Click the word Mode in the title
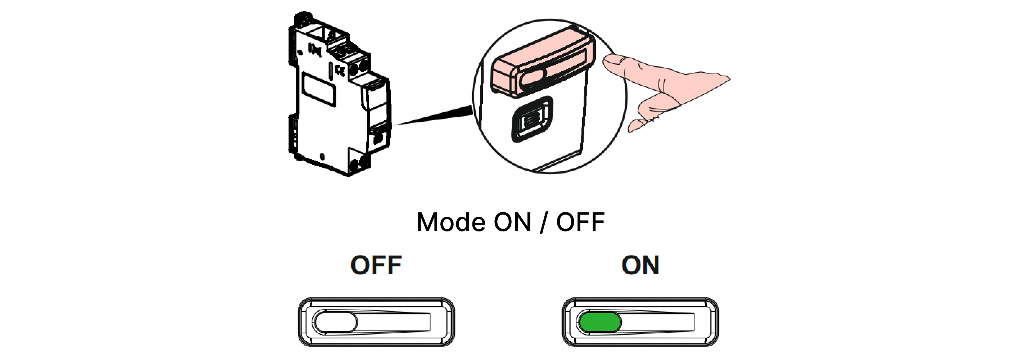450,222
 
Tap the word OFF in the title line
580,222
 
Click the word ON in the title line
512,222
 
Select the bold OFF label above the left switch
376,265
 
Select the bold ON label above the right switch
640,265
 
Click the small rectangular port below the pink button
532,119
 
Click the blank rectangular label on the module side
319,89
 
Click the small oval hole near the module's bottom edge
322,157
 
